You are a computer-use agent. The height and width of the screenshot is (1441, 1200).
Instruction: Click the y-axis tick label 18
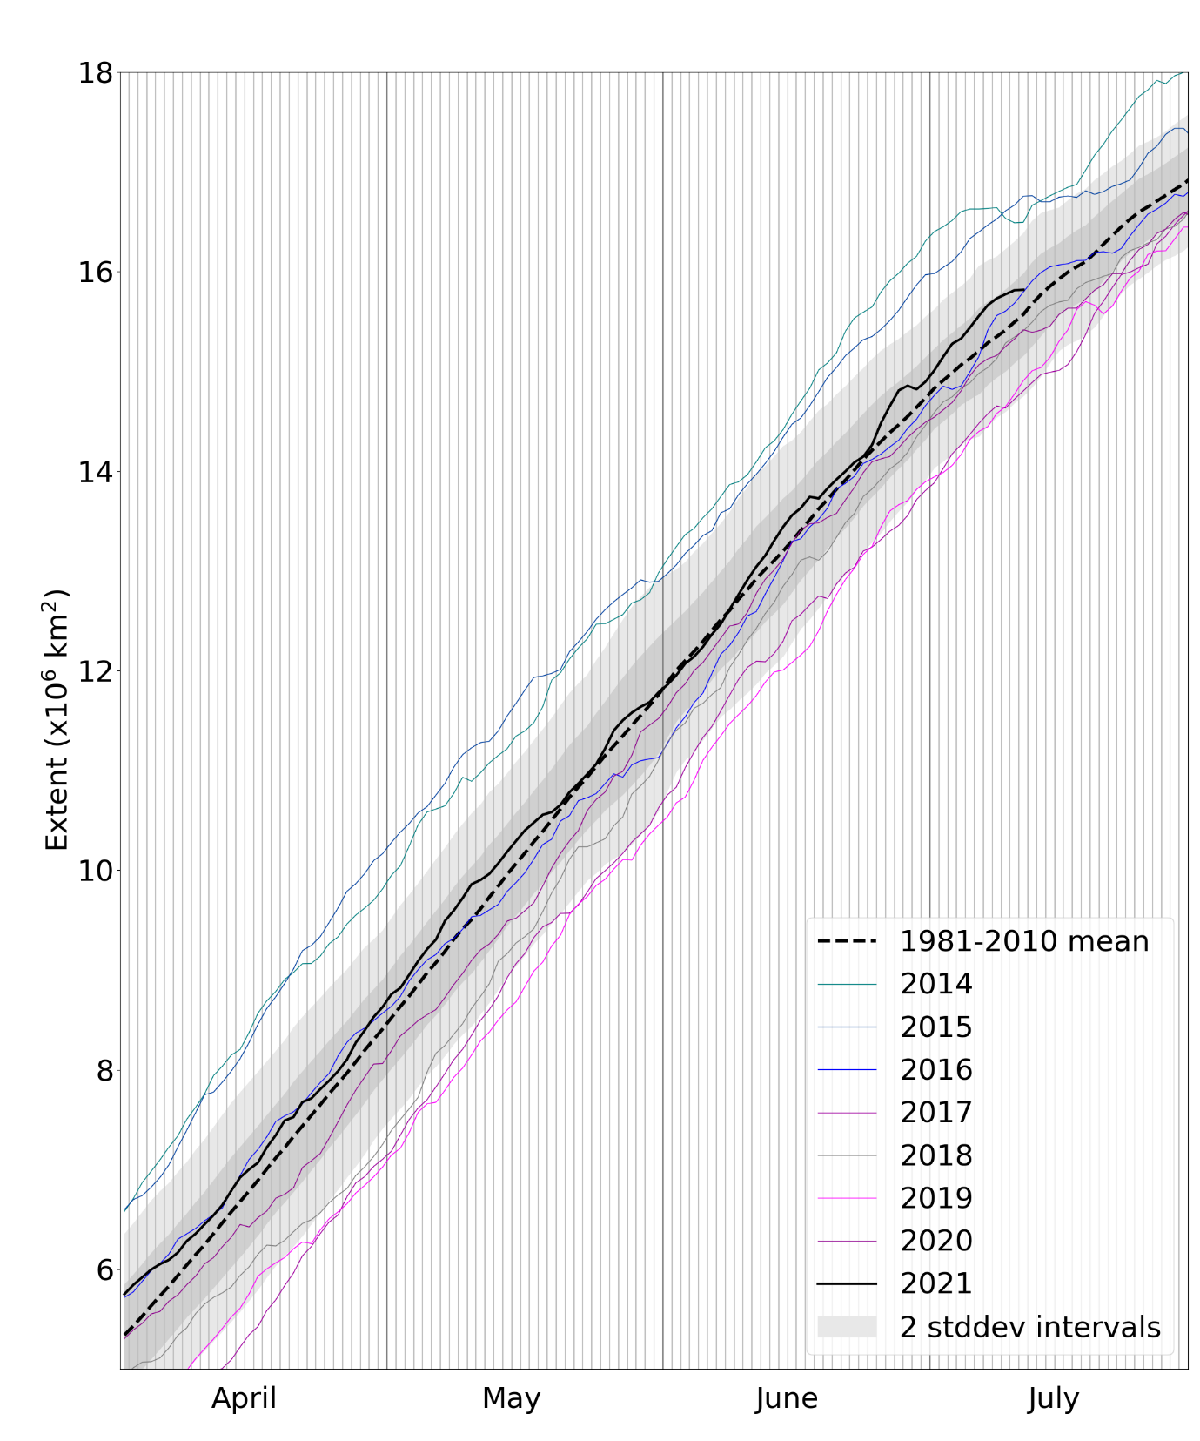(x=96, y=72)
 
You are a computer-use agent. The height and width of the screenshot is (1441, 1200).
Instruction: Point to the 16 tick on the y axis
(x=96, y=272)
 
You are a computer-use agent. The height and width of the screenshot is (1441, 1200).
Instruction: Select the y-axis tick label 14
(x=96, y=471)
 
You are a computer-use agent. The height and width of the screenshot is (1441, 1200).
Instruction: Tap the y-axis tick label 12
(x=96, y=670)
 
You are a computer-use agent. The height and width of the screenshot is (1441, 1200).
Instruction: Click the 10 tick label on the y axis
(x=96, y=870)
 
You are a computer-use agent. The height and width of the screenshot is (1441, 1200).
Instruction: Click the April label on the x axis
(x=244, y=1398)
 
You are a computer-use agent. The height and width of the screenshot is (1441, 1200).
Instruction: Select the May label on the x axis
(x=512, y=1398)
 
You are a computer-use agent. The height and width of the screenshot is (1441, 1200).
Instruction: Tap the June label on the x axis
(x=787, y=1398)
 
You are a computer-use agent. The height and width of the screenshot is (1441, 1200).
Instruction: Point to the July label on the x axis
(x=1053, y=1398)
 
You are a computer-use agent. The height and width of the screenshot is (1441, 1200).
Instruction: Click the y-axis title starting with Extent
(x=57, y=720)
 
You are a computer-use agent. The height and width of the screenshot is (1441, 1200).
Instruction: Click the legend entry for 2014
(x=935, y=984)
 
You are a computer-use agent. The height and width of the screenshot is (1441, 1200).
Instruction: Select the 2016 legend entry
(x=935, y=1069)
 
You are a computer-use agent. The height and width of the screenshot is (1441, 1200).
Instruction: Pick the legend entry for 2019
(x=935, y=1198)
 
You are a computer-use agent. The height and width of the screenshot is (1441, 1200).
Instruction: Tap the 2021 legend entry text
(x=935, y=1283)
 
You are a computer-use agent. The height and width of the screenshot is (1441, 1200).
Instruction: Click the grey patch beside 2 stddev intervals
(x=847, y=1326)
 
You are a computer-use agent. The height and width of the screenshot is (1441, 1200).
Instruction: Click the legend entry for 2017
(x=935, y=1112)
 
